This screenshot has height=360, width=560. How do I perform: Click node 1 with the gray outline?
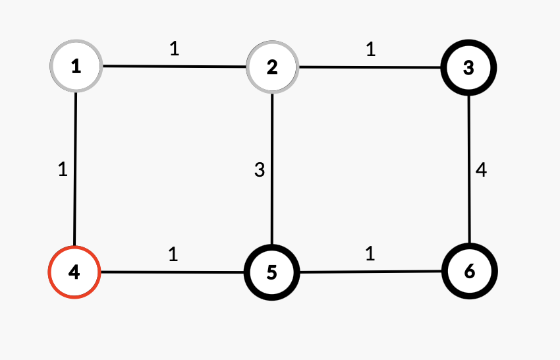pyautogui.click(x=76, y=66)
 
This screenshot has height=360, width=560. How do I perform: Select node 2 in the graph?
pyautogui.click(x=272, y=67)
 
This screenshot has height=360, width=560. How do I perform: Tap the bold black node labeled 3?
pyautogui.click(x=468, y=67)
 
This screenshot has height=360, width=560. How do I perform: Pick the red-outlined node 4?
pyautogui.click(x=74, y=272)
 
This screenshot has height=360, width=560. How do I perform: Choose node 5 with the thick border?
pyautogui.click(x=271, y=272)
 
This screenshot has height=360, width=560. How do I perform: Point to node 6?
pyautogui.click(x=469, y=271)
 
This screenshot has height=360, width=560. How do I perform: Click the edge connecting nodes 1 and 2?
pyautogui.click(x=174, y=67)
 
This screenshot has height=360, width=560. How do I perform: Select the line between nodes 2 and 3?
pyautogui.click(x=370, y=67)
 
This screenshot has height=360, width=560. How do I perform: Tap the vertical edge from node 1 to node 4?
pyautogui.click(x=76, y=169)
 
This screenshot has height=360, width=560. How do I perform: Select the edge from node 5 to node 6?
pyautogui.click(x=370, y=271)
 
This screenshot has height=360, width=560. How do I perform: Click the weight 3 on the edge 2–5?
pyautogui.click(x=260, y=170)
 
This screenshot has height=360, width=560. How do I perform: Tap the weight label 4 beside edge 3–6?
pyautogui.click(x=482, y=170)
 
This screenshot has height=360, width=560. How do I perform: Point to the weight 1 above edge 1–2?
pyautogui.click(x=175, y=49)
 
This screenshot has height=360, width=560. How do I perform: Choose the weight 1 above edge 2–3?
pyautogui.click(x=370, y=50)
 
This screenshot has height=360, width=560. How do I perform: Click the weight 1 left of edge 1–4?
pyautogui.click(x=63, y=169)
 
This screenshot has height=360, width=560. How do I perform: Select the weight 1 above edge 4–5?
pyautogui.click(x=173, y=254)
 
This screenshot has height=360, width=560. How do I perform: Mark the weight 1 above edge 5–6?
pyautogui.click(x=370, y=254)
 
